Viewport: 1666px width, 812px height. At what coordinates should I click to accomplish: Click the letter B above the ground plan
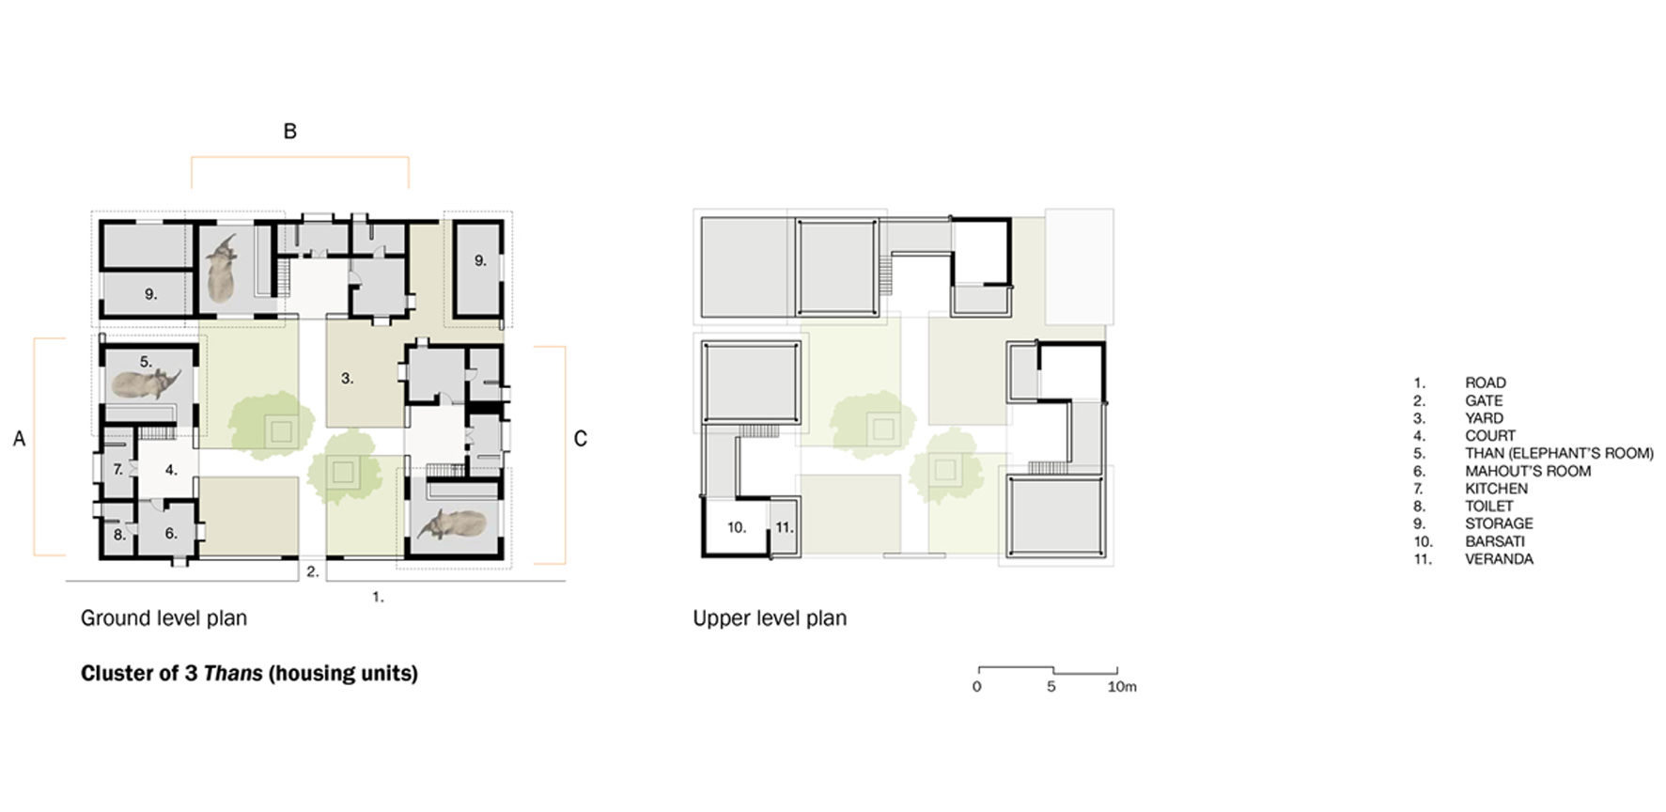290,132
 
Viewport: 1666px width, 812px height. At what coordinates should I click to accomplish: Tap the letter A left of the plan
19,439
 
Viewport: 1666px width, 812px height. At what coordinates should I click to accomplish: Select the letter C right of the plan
580,439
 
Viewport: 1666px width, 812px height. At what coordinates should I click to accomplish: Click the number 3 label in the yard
347,378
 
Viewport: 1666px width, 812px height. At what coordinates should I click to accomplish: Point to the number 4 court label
171,469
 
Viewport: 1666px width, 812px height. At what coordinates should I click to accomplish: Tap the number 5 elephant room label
146,362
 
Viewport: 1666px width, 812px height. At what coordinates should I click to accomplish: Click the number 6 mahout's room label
171,533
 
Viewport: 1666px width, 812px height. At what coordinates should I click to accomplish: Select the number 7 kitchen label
118,469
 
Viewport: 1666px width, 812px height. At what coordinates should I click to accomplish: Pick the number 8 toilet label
119,535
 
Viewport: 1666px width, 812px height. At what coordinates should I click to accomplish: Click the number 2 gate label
313,570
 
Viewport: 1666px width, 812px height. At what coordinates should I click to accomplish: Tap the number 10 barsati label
737,527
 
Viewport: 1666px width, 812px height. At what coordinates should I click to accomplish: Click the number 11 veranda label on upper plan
784,527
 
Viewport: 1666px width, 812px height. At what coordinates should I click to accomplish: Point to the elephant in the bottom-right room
454,525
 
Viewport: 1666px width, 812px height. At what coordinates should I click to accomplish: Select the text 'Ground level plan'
163,618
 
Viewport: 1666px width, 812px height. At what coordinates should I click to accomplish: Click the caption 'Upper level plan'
770,618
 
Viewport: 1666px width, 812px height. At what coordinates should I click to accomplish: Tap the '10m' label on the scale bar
1121,687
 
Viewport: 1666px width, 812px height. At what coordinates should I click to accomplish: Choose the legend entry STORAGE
1499,523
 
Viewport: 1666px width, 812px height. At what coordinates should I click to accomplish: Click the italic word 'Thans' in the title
233,673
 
